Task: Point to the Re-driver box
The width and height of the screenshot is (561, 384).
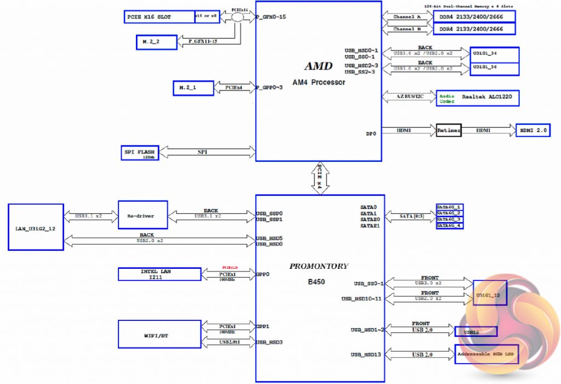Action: tap(141, 216)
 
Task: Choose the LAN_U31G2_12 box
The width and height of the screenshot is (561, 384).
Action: tap(36, 227)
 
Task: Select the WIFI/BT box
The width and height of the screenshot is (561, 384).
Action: tap(159, 334)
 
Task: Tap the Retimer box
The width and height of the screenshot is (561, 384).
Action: tap(449, 131)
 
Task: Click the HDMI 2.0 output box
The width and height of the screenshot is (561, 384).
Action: tap(533, 131)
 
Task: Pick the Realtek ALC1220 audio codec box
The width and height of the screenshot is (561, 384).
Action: tap(477, 98)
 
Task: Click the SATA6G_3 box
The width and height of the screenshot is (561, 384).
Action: tap(449, 219)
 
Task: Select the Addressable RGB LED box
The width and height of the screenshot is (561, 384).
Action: tap(486, 355)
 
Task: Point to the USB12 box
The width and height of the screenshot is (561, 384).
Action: tap(476, 331)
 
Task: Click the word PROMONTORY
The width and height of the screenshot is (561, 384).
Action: tap(319, 266)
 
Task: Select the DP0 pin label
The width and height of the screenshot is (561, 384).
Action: tap(371, 133)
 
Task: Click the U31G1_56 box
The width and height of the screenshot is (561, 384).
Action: tap(495, 68)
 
